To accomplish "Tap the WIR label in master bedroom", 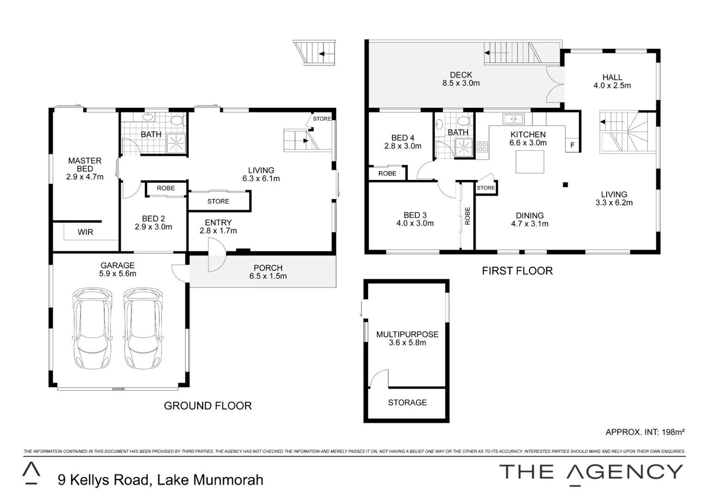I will pos(85,232).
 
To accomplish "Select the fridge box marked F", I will pos(573,145).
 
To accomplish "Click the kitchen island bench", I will pos(530,162).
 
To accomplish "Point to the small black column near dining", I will pos(565,185).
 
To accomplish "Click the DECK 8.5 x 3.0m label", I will pos(461,79).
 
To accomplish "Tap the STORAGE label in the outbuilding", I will pos(407,403).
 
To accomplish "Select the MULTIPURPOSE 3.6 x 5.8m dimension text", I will pos(407,343).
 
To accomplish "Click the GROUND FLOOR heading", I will pos(208,406).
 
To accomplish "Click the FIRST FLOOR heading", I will pos(517,271).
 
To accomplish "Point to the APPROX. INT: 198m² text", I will pos(645,432).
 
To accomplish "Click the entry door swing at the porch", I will pos(216,260).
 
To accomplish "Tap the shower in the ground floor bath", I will pos(177,143).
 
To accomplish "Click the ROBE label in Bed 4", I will pos(387,173).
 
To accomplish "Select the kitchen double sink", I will pos(513,119).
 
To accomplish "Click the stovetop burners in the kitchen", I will pos(482,147).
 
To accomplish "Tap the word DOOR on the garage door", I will pos(118,389).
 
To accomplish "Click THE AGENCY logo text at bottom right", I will pos(591,472).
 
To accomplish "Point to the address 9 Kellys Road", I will pos(160,480).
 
